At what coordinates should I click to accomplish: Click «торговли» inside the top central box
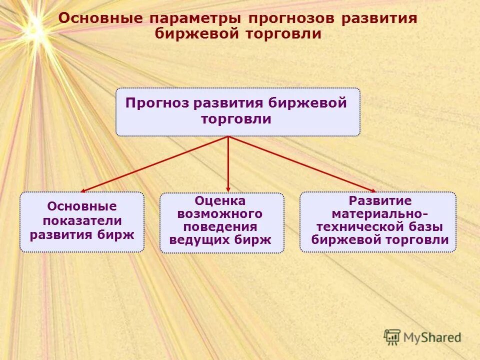[237, 119]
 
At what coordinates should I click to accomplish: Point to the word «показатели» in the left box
[82, 220]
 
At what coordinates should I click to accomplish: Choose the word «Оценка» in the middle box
[220, 201]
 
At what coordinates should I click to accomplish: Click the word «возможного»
[220, 214]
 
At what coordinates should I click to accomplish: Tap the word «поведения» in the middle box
[220, 227]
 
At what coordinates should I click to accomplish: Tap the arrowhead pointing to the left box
[83, 190]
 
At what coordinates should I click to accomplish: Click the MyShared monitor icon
[392, 336]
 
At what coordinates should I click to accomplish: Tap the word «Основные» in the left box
[81, 206]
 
